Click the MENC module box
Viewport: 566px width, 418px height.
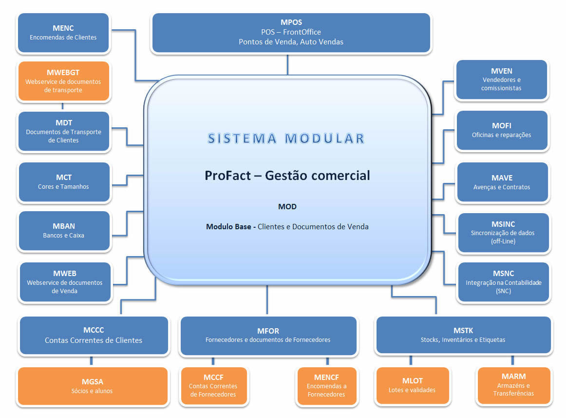63,33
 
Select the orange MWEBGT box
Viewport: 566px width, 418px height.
63,81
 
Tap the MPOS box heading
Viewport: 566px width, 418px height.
291,22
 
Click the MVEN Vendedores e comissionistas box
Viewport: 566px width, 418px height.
501,80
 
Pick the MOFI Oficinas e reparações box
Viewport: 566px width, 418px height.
501,130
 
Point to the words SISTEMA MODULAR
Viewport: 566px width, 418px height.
286,139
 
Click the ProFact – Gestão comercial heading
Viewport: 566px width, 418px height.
287,175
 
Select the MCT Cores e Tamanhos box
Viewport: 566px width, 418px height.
63,182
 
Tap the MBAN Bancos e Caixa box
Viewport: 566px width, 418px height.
63,231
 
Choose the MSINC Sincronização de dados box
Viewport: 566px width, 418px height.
503,233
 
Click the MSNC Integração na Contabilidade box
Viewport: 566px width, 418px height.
503,282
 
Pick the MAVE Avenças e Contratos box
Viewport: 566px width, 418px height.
502,182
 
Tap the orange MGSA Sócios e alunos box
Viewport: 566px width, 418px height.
93,386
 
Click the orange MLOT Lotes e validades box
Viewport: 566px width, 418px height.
412,385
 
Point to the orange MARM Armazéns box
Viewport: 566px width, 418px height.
513,385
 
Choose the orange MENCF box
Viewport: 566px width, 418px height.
326,386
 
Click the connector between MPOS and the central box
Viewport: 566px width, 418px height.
287,64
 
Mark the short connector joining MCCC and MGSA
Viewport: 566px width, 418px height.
91,361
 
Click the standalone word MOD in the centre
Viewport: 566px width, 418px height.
287,207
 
